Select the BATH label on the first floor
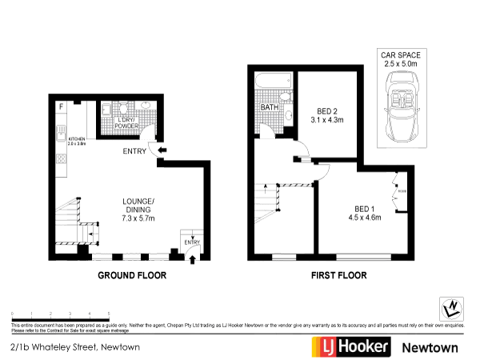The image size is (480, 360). point(269,106)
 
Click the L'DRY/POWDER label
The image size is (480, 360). point(129,122)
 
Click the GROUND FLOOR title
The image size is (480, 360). point(131,275)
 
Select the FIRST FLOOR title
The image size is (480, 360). point(338,275)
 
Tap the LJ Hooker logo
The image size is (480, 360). point(350,346)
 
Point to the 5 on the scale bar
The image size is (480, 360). point(109,314)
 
